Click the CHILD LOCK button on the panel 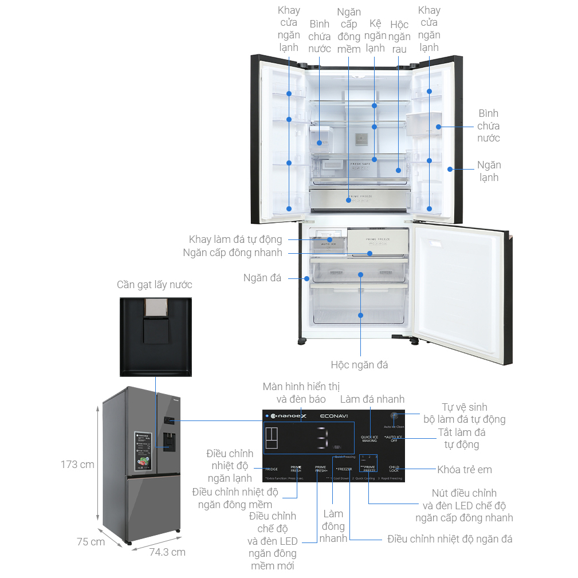(394, 469)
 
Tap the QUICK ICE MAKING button (369, 439)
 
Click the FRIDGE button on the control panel (271, 469)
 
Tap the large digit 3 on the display (322, 439)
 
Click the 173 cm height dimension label (77, 465)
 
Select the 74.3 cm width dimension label (167, 552)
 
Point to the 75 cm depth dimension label (91, 541)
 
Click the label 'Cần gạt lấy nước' (155, 285)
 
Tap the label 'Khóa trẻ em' (464, 470)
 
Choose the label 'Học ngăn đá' (359, 364)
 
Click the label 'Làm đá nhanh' (372, 399)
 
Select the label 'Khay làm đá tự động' (235, 239)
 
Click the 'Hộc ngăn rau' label (399, 37)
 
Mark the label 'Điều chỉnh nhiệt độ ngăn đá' (450, 539)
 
